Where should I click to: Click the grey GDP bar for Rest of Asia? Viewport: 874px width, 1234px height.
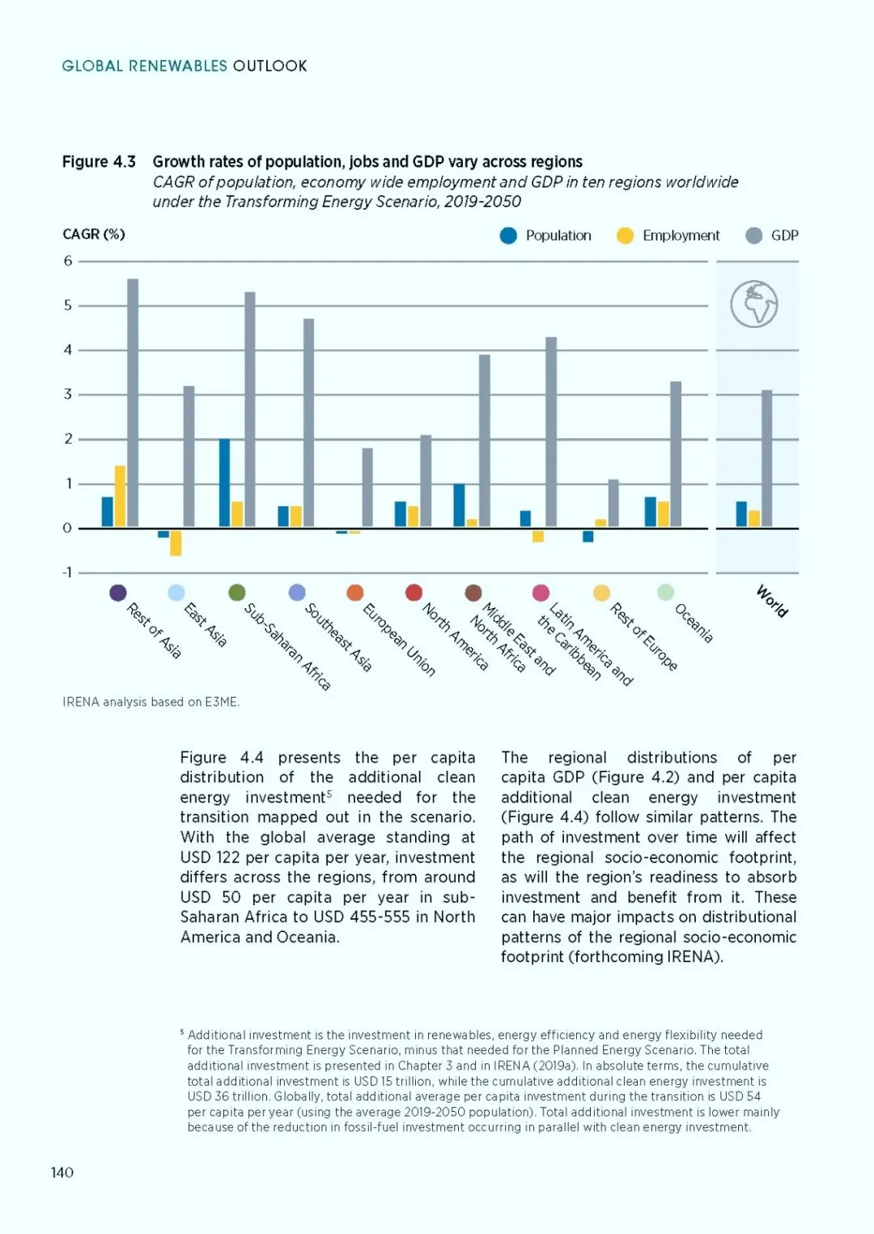(x=133, y=402)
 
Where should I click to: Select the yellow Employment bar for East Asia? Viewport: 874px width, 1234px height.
(x=176, y=543)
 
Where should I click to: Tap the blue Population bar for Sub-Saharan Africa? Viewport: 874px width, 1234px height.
(x=224, y=483)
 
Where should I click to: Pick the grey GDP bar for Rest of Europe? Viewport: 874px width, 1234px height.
(x=613, y=504)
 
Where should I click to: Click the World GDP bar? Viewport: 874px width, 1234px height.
(x=766, y=458)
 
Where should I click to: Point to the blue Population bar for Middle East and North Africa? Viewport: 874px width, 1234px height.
(x=459, y=505)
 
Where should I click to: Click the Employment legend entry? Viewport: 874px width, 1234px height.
(x=668, y=236)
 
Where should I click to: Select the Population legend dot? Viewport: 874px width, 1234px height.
(x=508, y=236)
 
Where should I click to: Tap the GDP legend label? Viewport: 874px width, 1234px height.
(x=785, y=236)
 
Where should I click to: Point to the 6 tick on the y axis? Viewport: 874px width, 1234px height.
(x=68, y=261)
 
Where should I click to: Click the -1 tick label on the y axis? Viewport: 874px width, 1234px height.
(x=67, y=573)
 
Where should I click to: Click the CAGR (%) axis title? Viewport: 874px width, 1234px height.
(x=94, y=234)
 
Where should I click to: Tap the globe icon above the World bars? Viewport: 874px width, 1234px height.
(x=754, y=304)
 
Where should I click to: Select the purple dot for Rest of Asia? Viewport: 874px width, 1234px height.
(x=118, y=593)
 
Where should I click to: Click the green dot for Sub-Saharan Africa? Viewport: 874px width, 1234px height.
(x=237, y=593)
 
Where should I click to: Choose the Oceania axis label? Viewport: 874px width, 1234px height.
(x=694, y=623)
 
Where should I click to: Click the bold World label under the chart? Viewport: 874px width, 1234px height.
(x=772, y=601)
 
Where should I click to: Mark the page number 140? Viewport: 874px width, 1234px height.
(x=62, y=1172)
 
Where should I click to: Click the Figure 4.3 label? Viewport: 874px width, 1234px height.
(x=99, y=161)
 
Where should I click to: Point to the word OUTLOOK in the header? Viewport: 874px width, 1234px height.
(x=269, y=66)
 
